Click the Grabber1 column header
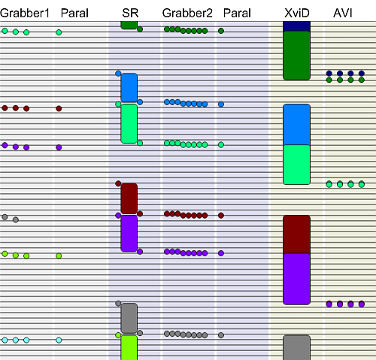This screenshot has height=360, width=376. tap(25, 13)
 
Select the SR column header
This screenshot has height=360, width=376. tap(130, 13)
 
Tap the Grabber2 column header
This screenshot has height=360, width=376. tap(187, 13)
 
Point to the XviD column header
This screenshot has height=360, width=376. tap(297, 13)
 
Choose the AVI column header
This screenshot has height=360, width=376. tap(343, 13)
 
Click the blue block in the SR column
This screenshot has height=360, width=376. tap(129, 88)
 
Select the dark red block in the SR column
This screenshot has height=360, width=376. tap(129, 198)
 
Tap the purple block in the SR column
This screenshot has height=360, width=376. tap(129, 234)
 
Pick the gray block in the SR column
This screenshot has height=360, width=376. tap(129, 318)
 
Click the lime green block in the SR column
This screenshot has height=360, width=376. tap(129, 348)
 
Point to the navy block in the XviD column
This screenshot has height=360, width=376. tap(297, 26)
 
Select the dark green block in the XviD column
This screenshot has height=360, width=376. tap(297, 56)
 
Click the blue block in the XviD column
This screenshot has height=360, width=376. tap(297, 125)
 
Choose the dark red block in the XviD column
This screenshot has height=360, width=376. tap(297, 234)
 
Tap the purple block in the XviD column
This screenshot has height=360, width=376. tap(297, 279)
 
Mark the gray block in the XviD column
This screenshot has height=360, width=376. tap(297, 348)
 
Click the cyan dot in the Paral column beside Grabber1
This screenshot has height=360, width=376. tap(59, 340)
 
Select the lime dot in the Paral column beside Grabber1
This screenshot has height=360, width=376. tap(59, 256)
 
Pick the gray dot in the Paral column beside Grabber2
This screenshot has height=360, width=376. tap(221, 335)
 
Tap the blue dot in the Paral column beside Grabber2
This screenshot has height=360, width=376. tap(221, 104)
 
